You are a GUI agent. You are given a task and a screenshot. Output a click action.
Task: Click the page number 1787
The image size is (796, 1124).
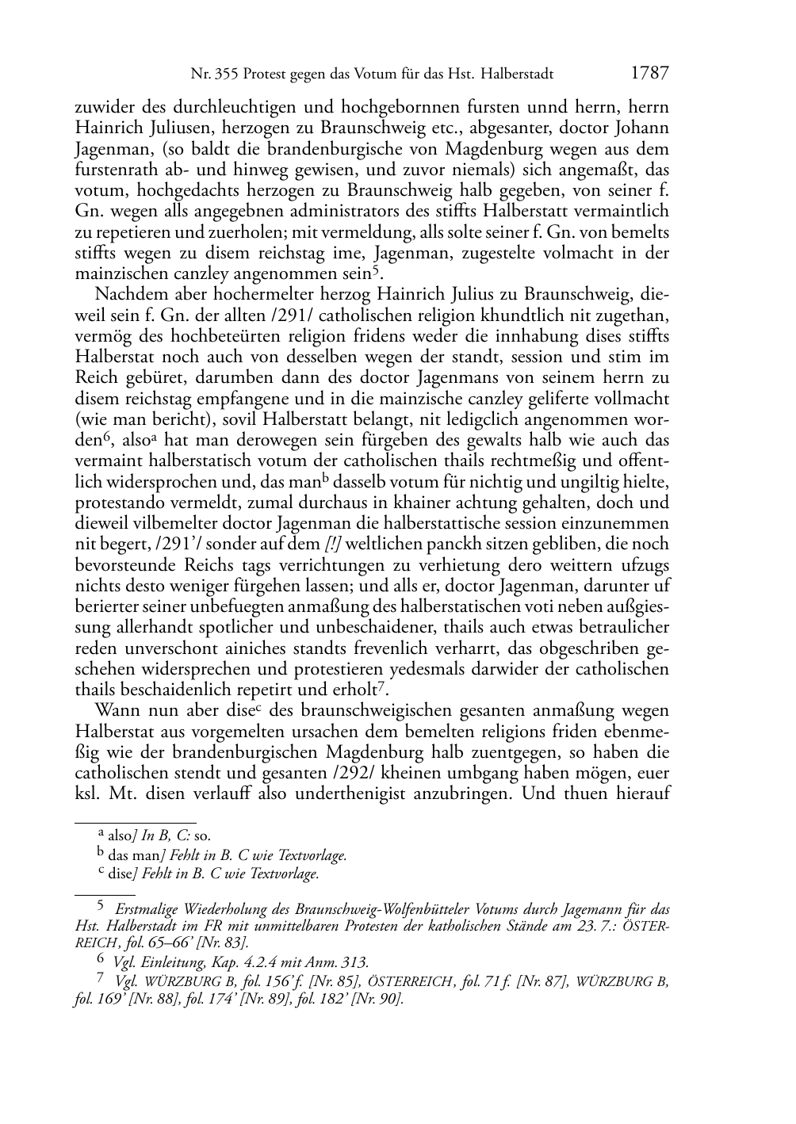[x=650, y=74]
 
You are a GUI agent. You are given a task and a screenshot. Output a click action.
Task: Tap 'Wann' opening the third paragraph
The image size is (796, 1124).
[x=117, y=710]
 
